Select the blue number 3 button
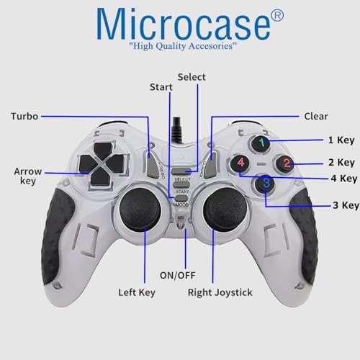(x=266, y=184)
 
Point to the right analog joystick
(x=219, y=210)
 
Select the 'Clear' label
(x=315, y=116)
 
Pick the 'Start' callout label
(x=161, y=87)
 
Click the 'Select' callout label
(x=192, y=77)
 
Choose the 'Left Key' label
(x=137, y=292)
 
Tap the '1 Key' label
(x=341, y=141)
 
